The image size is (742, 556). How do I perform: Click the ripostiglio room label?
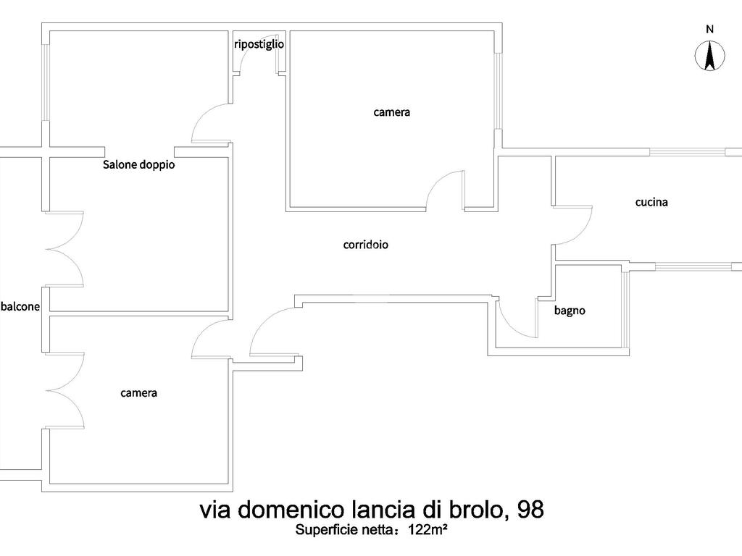[259, 44]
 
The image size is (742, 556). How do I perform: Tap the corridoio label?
[366, 245]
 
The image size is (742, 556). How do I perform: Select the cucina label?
[651, 203]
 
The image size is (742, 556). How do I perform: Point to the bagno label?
[570, 311]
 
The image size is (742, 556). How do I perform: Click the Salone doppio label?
[138, 164]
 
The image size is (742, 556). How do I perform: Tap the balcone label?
[20, 306]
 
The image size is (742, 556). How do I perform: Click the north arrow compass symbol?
[709, 56]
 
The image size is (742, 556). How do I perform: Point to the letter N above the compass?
[709, 29]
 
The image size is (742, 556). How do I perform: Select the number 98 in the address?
[530, 510]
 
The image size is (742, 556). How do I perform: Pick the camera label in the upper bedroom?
[392, 112]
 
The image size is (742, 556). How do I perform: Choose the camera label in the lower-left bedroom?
[138, 393]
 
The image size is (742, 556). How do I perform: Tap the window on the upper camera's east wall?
[498, 90]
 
